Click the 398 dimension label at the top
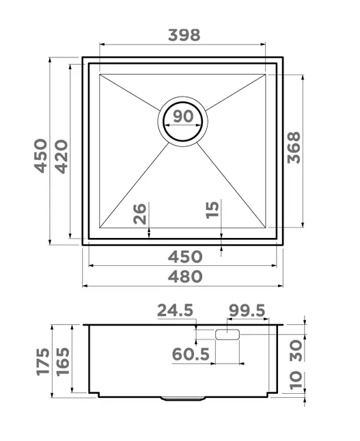point(184,35)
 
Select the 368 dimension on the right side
point(294,148)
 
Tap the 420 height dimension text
point(61,157)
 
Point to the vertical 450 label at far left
point(40,155)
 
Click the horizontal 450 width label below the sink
point(185,256)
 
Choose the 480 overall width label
point(185,276)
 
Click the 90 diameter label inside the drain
point(183,116)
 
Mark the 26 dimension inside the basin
point(139,213)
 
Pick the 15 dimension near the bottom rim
point(212,209)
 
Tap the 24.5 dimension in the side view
point(175,310)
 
